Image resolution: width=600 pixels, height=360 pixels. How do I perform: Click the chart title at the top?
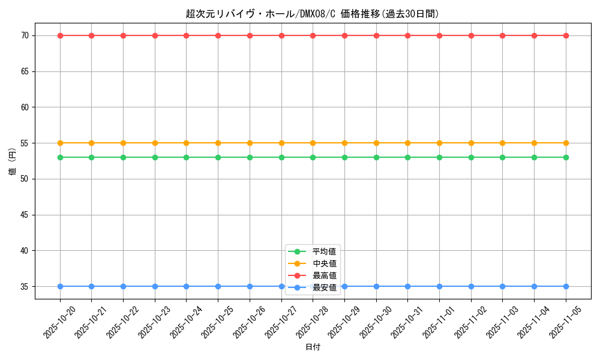point(312,14)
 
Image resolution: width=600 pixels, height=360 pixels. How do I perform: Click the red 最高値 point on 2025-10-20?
point(60,35)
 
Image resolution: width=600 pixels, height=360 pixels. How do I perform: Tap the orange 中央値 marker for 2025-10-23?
point(155,143)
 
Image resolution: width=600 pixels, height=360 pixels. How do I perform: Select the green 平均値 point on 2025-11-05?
point(566,157)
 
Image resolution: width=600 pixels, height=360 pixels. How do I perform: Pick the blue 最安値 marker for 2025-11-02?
point(471,286)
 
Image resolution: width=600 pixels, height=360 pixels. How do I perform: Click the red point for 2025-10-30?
point(376,35)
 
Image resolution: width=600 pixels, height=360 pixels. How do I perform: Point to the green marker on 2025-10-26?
point(250,157)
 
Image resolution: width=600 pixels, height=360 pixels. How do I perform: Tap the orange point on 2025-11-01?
point(439,143)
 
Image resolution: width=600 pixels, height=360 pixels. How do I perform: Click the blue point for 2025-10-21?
point(91,286)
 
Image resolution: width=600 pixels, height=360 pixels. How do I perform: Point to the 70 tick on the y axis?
point(25,35)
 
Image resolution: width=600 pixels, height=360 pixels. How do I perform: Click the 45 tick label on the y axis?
point(25,215)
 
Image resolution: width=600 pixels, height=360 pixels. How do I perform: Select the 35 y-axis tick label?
point(25,286)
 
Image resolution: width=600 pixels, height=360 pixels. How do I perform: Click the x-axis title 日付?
point(313,347)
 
